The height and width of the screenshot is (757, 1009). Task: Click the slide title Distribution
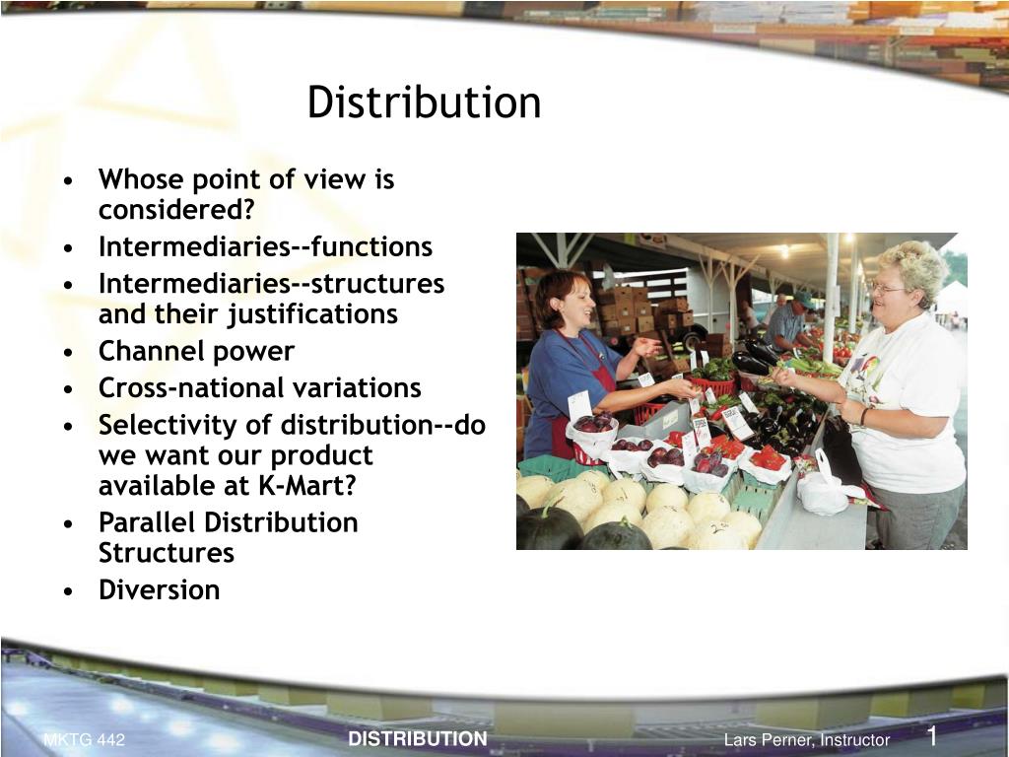[x=424, y=103]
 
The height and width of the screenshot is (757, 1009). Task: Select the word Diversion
[x=159, y=590]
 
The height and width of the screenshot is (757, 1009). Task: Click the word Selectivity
[x=158, y=425]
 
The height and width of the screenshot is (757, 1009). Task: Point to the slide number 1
[x=930, y=736]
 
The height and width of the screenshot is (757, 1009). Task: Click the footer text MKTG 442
[x=84, y=740]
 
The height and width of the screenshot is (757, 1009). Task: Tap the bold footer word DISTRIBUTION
[x=418, y=739]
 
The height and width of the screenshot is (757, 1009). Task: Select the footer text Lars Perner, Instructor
[x=806, y=740]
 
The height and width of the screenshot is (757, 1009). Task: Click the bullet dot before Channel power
[x=67, y=352]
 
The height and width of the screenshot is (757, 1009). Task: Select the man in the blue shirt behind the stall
[x=788, y=320]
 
